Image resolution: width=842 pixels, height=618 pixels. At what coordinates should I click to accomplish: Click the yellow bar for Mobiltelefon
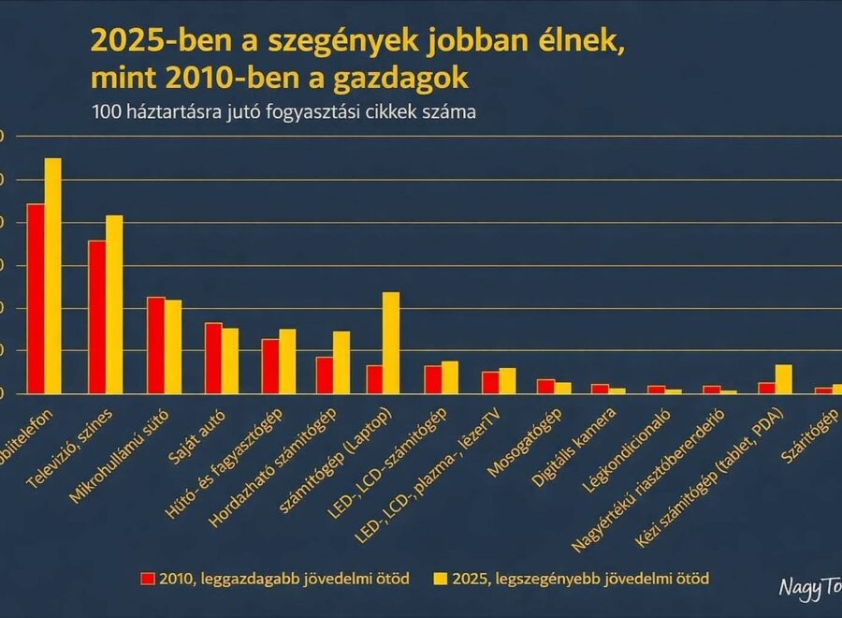tap(52, 276)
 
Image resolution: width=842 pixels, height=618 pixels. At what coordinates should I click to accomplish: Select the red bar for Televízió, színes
tap(96, 317)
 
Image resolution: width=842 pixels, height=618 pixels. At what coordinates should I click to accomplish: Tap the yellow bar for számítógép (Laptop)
tap(391, 343)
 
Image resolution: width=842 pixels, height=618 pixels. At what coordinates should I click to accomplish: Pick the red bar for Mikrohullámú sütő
tap(155, 346)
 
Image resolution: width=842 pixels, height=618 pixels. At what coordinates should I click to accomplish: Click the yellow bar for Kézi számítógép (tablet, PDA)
tap(784, 379)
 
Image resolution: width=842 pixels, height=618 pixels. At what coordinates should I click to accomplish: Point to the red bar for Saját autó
tap(213, 359)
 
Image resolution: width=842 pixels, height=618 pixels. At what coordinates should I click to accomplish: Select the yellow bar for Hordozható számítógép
tap(341, 362)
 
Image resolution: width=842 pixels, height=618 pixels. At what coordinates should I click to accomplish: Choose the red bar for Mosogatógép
tap(545, 387)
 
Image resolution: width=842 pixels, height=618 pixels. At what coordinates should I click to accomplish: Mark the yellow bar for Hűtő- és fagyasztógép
tap(287, 361)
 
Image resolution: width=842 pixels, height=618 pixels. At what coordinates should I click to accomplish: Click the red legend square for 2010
tap(146, 579)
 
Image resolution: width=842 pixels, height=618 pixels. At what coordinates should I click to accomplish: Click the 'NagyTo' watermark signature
tap(810, 586)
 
